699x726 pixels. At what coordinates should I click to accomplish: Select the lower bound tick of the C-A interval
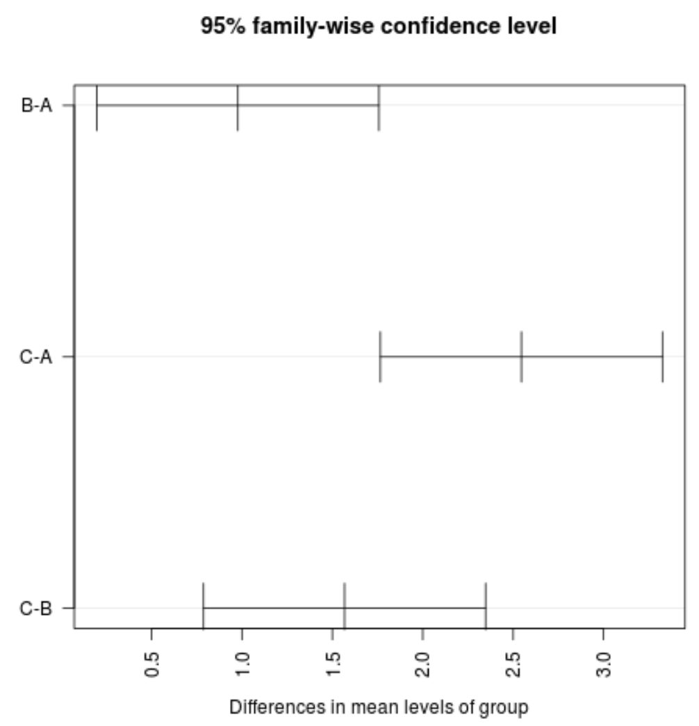click(x=380, y=357)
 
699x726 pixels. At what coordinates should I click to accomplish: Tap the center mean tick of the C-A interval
click(x=521, y=357)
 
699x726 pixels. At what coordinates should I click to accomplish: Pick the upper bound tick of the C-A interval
click(x=663, y=357)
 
